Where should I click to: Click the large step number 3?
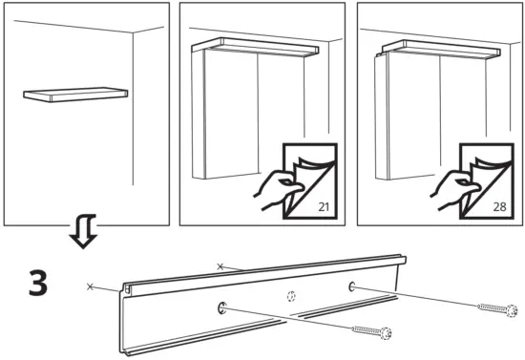click(38, 283)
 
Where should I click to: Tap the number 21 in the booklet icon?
click(324, 206)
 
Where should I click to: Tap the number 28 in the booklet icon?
click(499, 206)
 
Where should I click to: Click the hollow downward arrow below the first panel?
click(83, 231)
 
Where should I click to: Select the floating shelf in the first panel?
click(75, 95)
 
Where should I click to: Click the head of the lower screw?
click(386, 333)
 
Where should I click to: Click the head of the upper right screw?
click(512, 310)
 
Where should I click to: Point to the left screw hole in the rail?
click(221, 308)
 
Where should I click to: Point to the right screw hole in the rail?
click(352, 286)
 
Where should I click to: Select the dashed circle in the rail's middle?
click(291, 296)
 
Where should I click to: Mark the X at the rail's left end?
click(90, 286)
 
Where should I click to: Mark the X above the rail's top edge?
click(220, 266)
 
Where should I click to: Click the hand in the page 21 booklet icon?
click(277, 189)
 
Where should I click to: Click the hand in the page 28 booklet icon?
click(453, 189)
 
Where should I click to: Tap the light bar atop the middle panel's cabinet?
click(255, 46)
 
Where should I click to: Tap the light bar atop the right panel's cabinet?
click(441, 49)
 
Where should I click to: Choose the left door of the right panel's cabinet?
click(412, 116)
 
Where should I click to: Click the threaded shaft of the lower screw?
click(367, 330)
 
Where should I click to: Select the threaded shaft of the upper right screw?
click(493, 307)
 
